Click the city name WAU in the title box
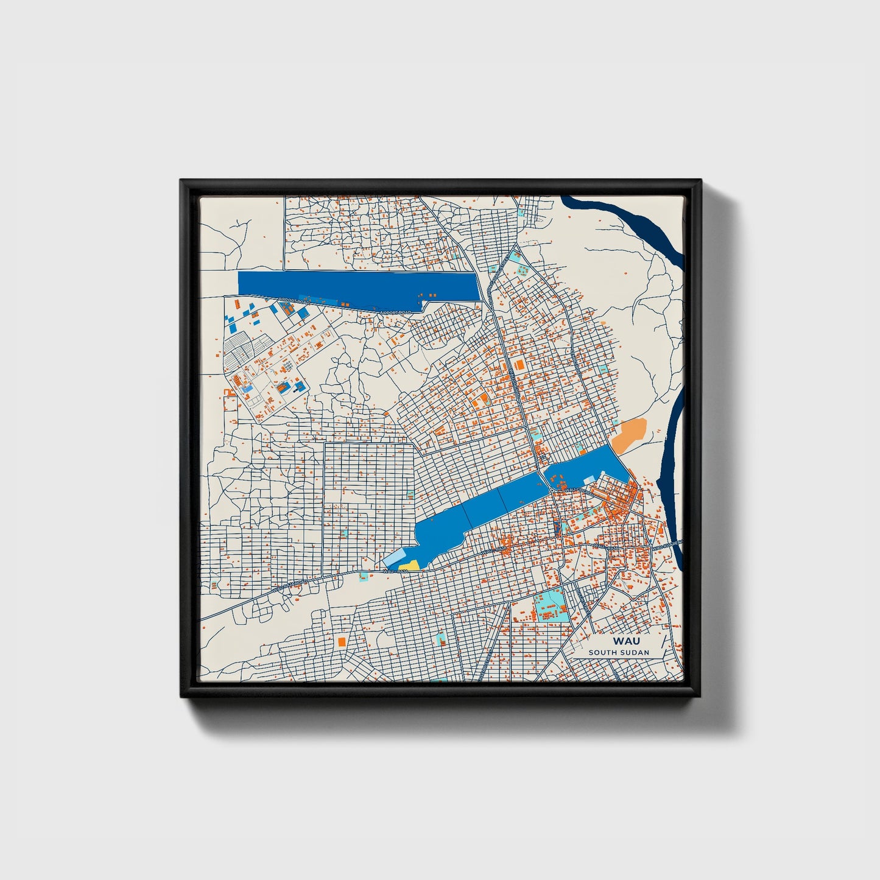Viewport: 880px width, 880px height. click(x=626, y=641)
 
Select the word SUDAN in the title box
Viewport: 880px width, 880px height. click(x=635, y=652)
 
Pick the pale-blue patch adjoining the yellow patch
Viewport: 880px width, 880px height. click(x=393, y=560)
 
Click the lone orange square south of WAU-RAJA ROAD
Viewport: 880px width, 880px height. click(x=342, y=641)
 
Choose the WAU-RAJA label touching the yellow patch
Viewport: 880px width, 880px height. click(x=395, y=571)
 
